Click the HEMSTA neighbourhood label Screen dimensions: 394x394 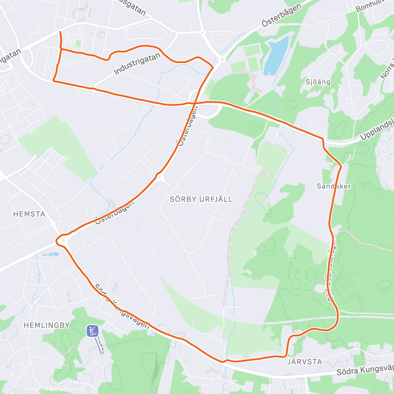click(29, 214)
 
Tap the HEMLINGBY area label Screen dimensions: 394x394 click(47, 325)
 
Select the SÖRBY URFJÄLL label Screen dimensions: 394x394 click(201, 199)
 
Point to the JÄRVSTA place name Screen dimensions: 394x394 click(305, 362)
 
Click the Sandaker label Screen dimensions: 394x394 click(334, 186)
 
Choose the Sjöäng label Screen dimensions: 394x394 click(318, 82)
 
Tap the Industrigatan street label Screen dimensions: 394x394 click(137, 63)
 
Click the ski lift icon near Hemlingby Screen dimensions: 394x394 click(93, 331)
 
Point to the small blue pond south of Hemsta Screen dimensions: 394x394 click(51, 254)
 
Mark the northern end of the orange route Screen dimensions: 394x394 click(60, 32)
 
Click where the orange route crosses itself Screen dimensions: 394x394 click(195, 103)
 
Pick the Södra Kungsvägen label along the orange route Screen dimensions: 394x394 click(122, 307)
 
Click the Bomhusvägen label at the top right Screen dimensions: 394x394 click(374, 6)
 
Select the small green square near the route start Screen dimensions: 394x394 click(78, 43)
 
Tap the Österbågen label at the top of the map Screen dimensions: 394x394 click(281, 15)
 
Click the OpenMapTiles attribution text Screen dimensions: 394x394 click(34, 390)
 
